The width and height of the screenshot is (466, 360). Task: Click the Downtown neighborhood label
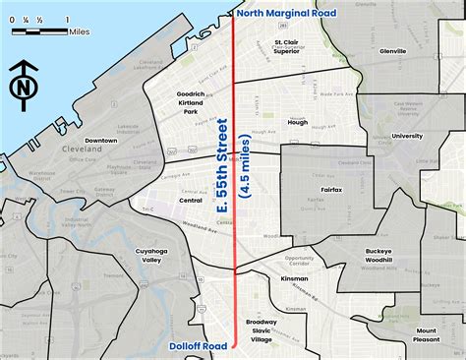pyautogui.click(x=101, y=141)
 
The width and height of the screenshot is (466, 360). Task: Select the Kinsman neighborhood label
pyautogui.click(x=295, y=278)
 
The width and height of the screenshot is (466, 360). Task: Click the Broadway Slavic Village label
pyautogui.click(x=262, y=330)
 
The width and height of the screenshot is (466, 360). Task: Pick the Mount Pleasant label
pyautogui.click(x=426, y=335)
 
